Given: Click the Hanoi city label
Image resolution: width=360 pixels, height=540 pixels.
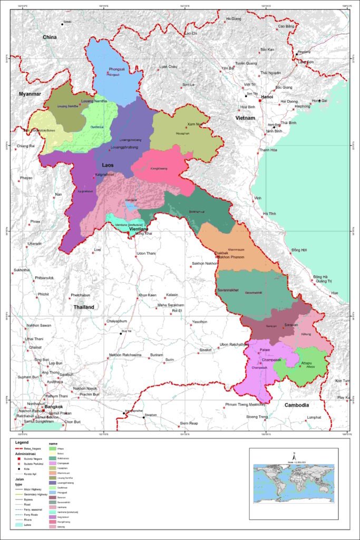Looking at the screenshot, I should click(267, 97).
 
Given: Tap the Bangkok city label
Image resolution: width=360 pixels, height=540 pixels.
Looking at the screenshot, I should click(54, 407).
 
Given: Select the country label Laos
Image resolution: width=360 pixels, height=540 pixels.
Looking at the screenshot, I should click(108, 165).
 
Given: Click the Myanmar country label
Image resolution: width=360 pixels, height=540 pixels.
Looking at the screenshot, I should click(30, 94).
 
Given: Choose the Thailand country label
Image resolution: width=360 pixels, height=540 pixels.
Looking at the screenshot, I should click(84, 307).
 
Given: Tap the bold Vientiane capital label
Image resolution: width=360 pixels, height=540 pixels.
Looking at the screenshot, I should click(141, 229).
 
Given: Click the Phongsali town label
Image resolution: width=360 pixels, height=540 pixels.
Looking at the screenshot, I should click(117, 69).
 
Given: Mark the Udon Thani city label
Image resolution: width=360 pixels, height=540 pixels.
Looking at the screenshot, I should click(148, 254).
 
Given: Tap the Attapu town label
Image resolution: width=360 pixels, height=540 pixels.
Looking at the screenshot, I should click(306, 363).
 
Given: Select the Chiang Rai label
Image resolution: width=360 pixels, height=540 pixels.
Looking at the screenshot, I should click(25, 146).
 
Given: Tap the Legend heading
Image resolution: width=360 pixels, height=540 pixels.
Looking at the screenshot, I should click(22, 443).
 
